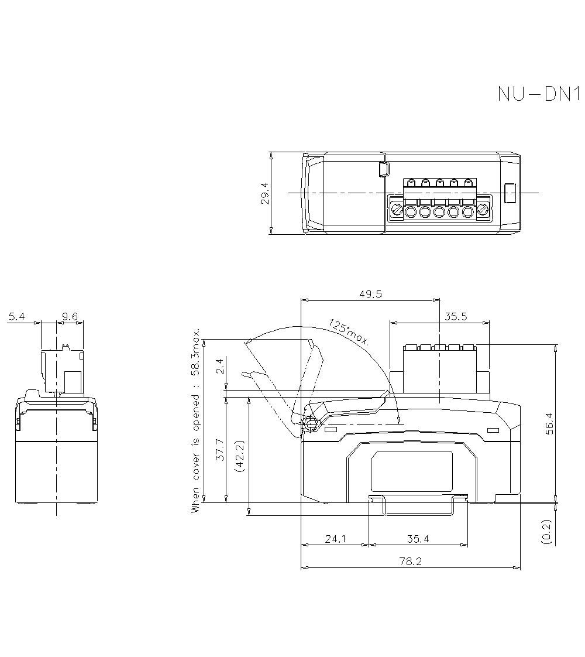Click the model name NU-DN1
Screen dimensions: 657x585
538,94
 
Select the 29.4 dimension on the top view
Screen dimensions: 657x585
264,193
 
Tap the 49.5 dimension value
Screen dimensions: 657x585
370,295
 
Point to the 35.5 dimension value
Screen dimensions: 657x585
456,317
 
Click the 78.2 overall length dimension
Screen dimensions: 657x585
410,561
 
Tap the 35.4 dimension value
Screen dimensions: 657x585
418,539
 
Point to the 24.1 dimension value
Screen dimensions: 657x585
335,539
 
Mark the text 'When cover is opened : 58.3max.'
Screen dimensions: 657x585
196,420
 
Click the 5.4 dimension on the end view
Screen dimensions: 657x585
16,317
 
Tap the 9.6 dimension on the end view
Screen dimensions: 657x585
70,317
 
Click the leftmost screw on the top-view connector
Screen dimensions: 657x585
397,209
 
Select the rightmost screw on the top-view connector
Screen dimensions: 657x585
483,209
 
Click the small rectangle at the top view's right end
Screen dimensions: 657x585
510,193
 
